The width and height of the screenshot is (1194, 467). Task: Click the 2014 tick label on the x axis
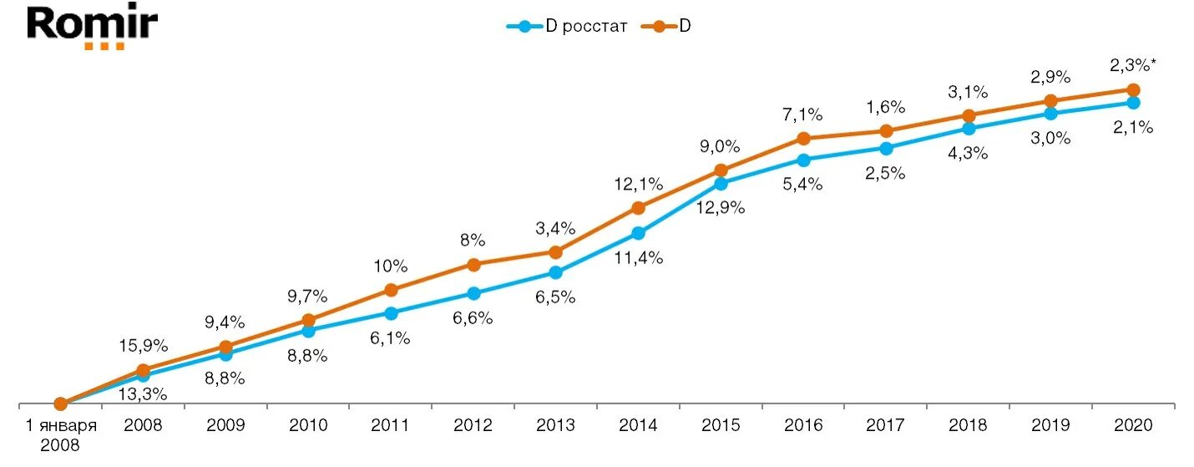coord(638,425)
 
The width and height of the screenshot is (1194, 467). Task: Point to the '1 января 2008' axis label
coord(60,434)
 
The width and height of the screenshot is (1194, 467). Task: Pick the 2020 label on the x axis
coord(1133,425)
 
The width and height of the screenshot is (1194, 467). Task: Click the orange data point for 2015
coord(721,170)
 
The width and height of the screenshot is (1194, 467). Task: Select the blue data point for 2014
coord(638,233)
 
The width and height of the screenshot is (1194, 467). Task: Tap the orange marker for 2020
coord(1133,89)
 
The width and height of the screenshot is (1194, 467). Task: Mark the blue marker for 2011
coord(391,312)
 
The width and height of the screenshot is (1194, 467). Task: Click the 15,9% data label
coord(144,345)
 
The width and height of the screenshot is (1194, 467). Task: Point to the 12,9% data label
coord(721,207)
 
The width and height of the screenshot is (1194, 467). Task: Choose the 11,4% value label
coord(639,258)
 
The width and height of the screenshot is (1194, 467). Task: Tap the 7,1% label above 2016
coord(802,113)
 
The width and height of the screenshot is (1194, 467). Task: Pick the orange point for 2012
coord(473,265)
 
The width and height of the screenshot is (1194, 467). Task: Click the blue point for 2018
coord(969,129)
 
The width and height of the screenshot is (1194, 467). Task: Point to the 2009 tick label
coord(225,425)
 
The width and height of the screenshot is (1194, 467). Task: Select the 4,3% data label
coord(969,154)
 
